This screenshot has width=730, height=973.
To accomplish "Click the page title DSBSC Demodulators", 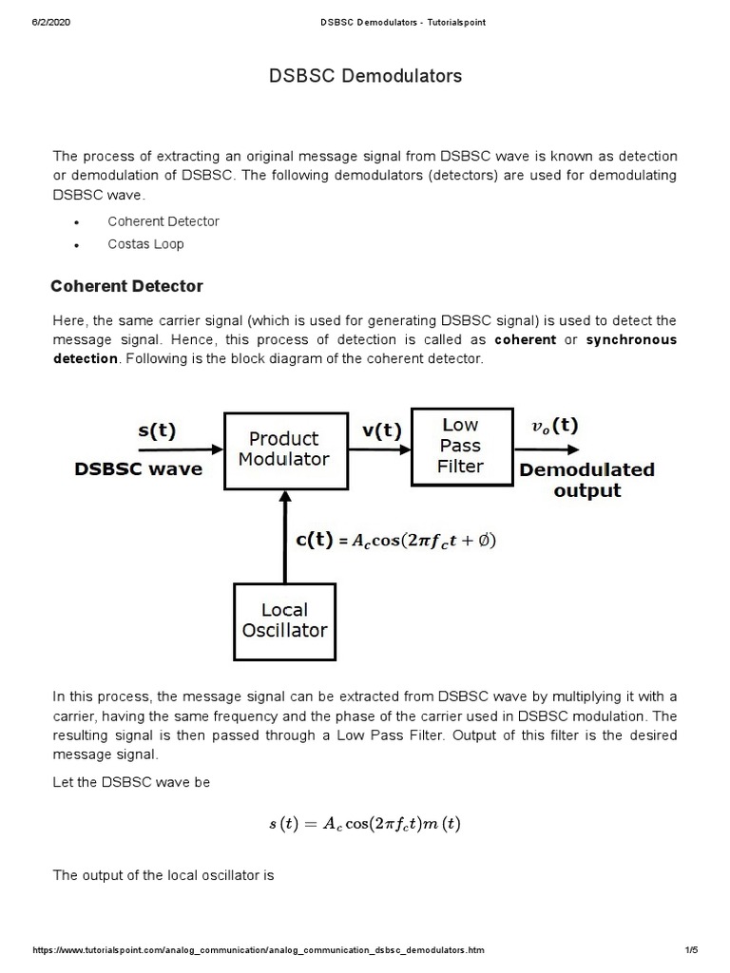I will (366, 76).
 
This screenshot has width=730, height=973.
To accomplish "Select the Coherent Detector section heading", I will (126, 286).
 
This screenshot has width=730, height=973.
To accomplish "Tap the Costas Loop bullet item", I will (145, 244).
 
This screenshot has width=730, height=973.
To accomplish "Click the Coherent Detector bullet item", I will (163, 221).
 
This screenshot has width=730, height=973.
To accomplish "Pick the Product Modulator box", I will (283, 450).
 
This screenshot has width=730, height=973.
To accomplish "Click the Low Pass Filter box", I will (460, 446).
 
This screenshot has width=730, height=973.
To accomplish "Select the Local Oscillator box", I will (283, 620).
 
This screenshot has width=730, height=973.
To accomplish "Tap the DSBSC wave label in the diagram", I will (139, 469).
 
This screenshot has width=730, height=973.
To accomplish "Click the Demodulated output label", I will (586, 480).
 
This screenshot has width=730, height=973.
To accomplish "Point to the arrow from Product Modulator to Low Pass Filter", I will (378, 449).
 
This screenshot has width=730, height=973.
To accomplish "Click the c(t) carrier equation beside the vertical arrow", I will (395, 541).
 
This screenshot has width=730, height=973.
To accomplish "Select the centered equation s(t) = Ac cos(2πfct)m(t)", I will (364, 824).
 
